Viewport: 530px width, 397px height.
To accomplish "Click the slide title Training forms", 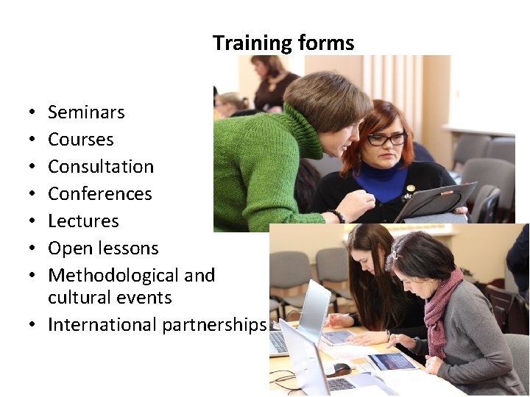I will (283, 43).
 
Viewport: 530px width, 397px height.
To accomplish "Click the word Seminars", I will (86, 112).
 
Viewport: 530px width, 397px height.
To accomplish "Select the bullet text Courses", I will (80, 140).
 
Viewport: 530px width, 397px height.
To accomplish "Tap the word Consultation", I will (101, 167).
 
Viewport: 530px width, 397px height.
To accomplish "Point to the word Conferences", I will (99, 194).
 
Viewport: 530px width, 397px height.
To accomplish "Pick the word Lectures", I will (83, 221).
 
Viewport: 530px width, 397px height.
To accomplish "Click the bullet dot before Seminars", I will (34, 113).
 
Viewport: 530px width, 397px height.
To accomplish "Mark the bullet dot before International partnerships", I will (34, 325).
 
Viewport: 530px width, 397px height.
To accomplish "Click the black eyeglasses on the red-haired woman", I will (386, 139).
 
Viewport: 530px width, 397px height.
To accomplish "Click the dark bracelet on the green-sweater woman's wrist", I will (337, 215).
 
